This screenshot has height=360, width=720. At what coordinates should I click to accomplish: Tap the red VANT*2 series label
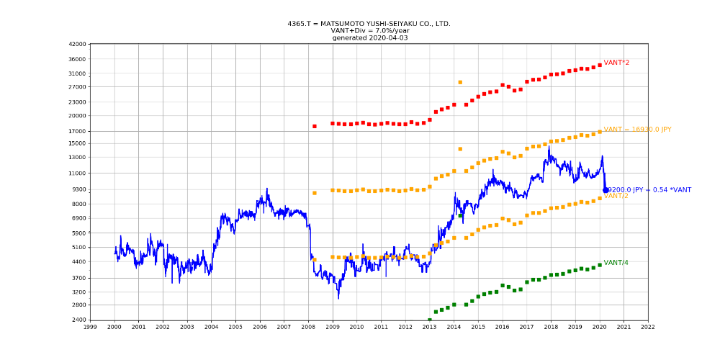(616, 63)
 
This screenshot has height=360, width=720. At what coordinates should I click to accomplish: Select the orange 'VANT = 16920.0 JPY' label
(637, 130)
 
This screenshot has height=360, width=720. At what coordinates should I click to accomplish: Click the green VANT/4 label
(616, 263)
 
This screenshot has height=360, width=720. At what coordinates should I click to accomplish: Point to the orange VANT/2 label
(616, 196)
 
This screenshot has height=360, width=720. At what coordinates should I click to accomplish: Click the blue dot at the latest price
(606, 190)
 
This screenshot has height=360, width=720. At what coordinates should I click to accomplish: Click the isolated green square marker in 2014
(460, 215)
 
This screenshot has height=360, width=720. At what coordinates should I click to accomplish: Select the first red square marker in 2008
(315, 126)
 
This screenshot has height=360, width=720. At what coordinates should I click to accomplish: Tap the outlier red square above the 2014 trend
(460, 82)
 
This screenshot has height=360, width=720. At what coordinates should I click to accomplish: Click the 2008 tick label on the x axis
(308, 327)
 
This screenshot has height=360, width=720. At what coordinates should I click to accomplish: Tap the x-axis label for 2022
(648, 327)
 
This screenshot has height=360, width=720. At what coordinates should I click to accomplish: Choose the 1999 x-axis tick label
(90, 327)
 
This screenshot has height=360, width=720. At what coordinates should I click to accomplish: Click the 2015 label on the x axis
(478, 327)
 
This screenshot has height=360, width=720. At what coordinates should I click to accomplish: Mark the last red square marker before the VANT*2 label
(600, 65)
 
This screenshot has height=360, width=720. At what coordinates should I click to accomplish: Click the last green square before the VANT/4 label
(600, 265)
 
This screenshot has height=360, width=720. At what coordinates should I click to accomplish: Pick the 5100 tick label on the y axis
(78, 247)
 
